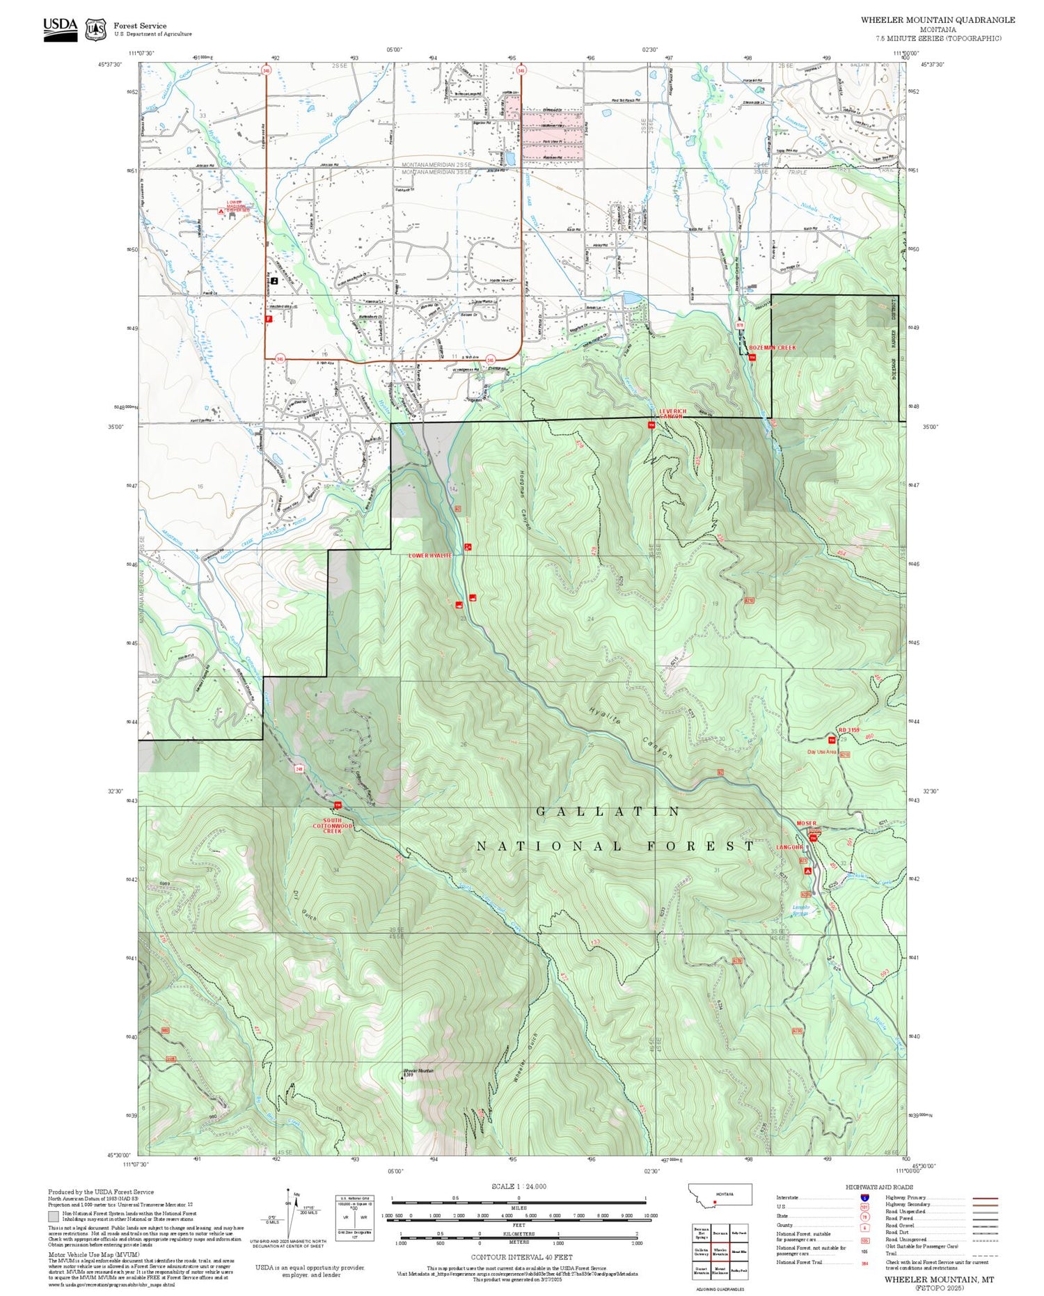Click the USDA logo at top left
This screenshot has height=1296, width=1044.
60,29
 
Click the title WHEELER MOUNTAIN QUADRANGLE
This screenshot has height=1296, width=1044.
937,20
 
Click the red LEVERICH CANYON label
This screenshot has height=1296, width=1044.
672,413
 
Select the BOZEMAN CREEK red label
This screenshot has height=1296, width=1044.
772,347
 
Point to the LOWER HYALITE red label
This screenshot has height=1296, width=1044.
430,555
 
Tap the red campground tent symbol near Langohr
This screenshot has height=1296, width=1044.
807,870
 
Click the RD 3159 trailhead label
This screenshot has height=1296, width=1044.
849,730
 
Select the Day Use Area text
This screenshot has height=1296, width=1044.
821,752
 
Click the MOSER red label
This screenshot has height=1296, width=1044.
806,823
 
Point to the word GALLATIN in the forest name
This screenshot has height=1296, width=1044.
609,812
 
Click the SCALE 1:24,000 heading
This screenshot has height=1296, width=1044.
519,1186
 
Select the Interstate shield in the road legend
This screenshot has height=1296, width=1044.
864,1197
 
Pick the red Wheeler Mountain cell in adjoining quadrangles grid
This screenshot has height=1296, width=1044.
720,1251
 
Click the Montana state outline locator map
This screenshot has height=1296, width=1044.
720,1194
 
